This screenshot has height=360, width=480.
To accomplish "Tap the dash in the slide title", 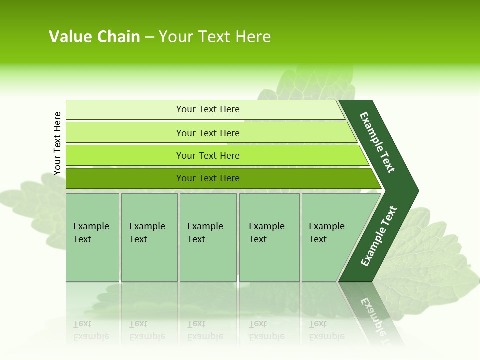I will coord(149,37).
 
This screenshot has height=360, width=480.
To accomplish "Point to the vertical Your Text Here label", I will coord(57,143).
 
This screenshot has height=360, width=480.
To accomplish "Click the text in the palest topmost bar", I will coord(208,109).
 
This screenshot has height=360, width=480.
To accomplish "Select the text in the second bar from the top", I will coord(208,133).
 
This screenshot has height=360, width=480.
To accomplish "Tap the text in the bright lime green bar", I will coord(208,156).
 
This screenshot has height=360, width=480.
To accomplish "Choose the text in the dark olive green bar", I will coord(208,178).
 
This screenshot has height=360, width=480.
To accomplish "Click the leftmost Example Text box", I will coord(92,233).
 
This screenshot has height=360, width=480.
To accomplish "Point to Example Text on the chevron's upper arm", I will coord(378,143).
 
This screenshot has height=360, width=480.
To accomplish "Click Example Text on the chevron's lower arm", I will coord(379,236).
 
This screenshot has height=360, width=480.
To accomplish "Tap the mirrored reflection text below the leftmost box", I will coord(91,330).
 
